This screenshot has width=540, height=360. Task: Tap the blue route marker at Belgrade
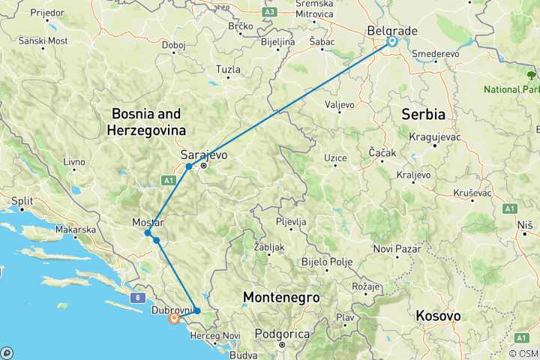tap(391, 42)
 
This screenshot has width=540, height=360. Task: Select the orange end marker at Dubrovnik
tap(174, 318)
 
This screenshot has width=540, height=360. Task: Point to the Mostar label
tap(148, 223)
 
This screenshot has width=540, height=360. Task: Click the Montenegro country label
tap(281, 298)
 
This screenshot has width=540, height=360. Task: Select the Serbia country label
tap(424, 115)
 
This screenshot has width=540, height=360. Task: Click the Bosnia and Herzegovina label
tap(147, 121)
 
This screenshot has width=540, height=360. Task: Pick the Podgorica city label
tap(280, 333)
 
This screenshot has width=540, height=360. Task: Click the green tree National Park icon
tap(532, 74)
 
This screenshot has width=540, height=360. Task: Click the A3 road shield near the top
tap(270, 12)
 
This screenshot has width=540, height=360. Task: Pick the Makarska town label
tap(78, 229)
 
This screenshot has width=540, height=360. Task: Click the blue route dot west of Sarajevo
tap(189, 166)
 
